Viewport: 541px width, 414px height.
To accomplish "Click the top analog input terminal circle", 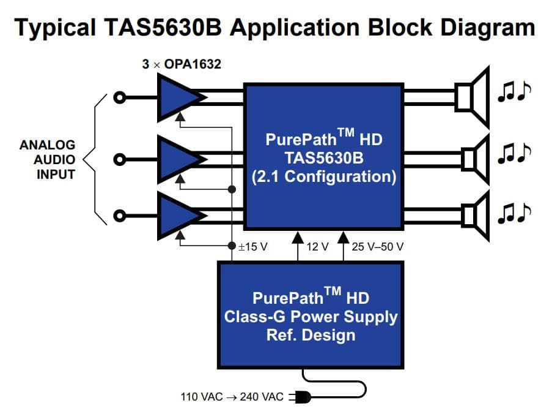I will click(120, 97).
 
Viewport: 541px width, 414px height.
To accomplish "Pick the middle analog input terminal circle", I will click(120, 159).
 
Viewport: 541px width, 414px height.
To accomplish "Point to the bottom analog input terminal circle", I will click(120, 216).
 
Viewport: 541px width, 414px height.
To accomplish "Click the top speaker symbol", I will click(473, 97).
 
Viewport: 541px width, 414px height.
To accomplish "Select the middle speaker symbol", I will click(473, 159).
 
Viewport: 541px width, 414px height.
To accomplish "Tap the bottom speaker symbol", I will click(473, 215).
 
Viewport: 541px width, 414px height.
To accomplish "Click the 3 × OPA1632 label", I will click(177, 63).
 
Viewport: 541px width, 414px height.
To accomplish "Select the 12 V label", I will click(317, 247).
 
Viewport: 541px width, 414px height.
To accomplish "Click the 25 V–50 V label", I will click(377, 247).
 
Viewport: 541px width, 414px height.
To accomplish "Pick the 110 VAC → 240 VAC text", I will click(232, 397).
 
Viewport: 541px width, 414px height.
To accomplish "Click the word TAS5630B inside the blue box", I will click(323, 158).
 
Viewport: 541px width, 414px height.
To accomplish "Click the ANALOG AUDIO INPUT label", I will click(48, 159).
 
